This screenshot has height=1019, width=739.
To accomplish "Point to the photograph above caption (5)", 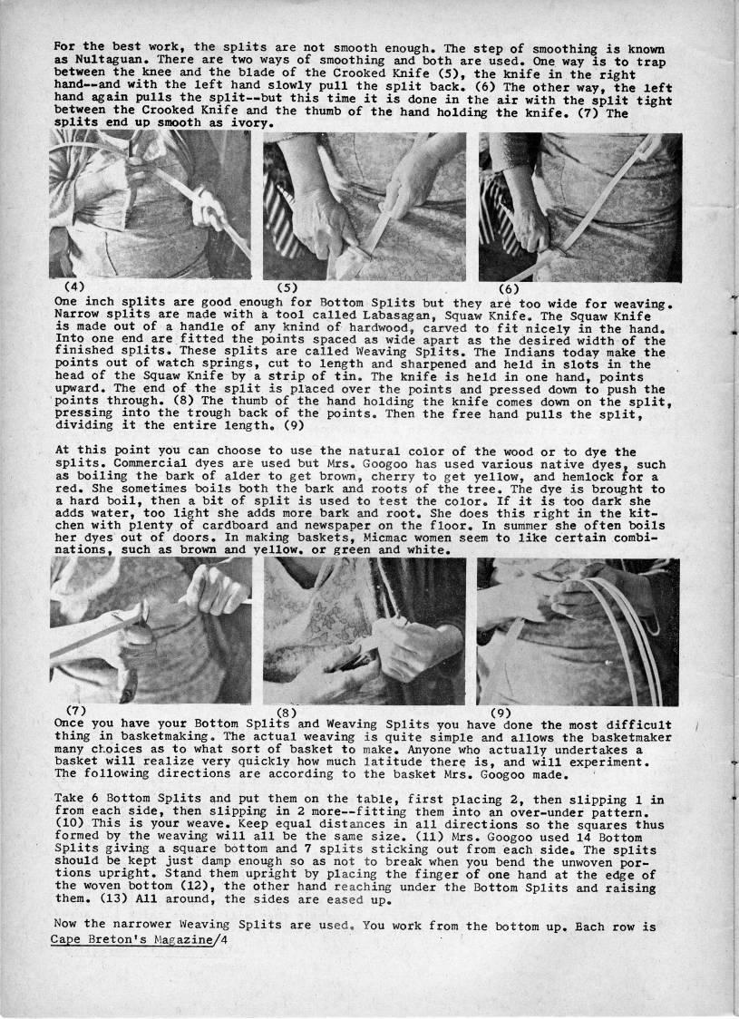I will [365, 207].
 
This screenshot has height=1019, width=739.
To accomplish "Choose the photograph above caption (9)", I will [578, 631].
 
